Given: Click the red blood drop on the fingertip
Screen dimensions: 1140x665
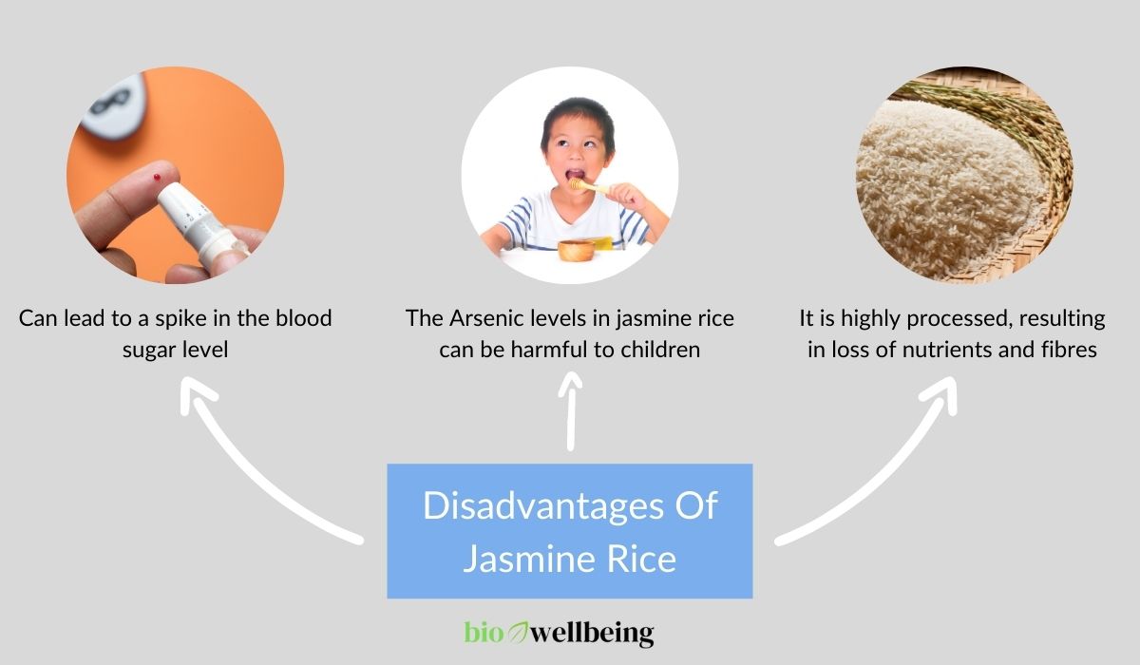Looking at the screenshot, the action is point(157,178).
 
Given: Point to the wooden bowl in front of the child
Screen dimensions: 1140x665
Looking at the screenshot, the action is point(576,251).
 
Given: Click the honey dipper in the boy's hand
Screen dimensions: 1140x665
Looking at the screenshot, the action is point(588,186).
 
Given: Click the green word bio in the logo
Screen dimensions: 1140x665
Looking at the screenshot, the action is point(484,633).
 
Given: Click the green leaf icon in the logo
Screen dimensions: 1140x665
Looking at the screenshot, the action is point(518,633).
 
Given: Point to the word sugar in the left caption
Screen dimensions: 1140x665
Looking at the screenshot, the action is point(146,351).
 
